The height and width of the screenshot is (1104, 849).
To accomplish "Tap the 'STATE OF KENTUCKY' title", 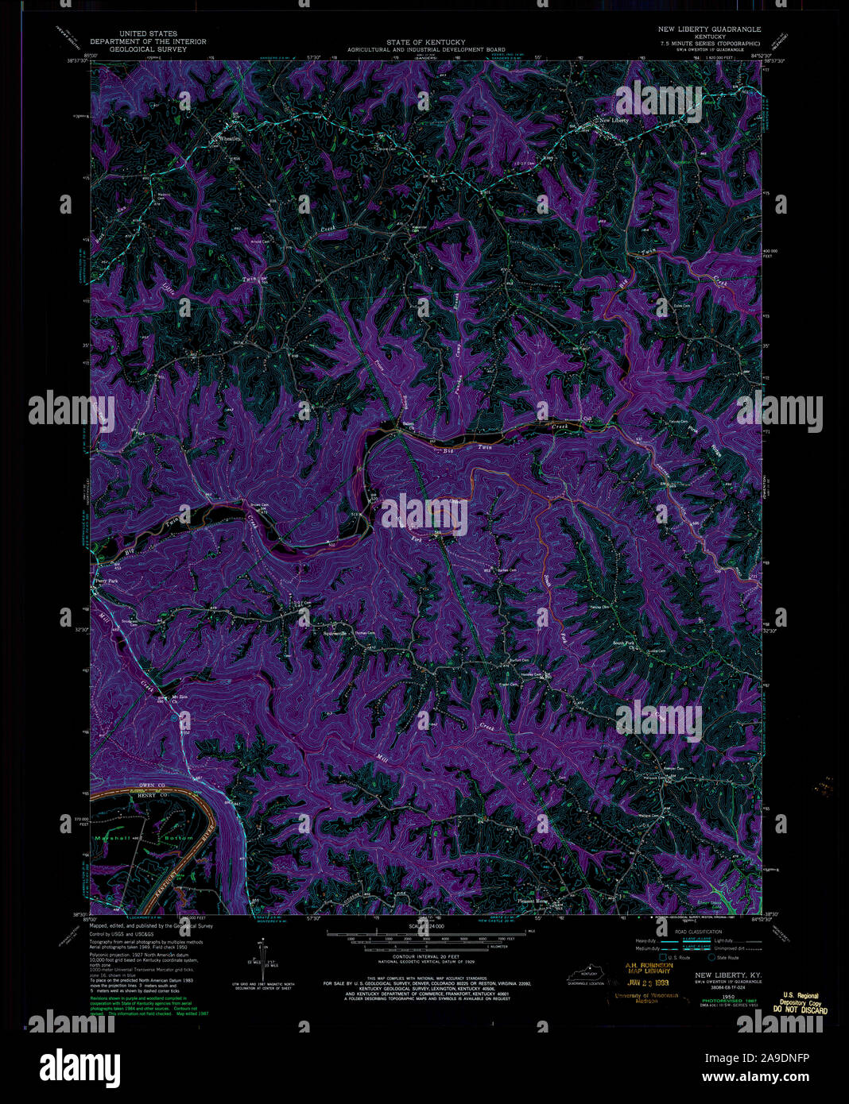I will point(426,41).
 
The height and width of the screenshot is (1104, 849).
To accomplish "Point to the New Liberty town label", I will point(614,120).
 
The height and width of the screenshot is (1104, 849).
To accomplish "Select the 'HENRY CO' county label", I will point(140,796).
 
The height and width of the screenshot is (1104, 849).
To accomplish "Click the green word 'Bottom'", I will point(179,838).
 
